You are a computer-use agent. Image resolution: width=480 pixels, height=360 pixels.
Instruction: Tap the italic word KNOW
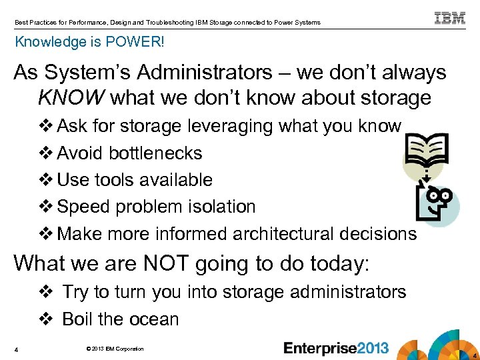click(x=71, y=98)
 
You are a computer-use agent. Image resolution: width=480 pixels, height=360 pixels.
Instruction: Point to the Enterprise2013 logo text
click(x=336, y=348)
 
